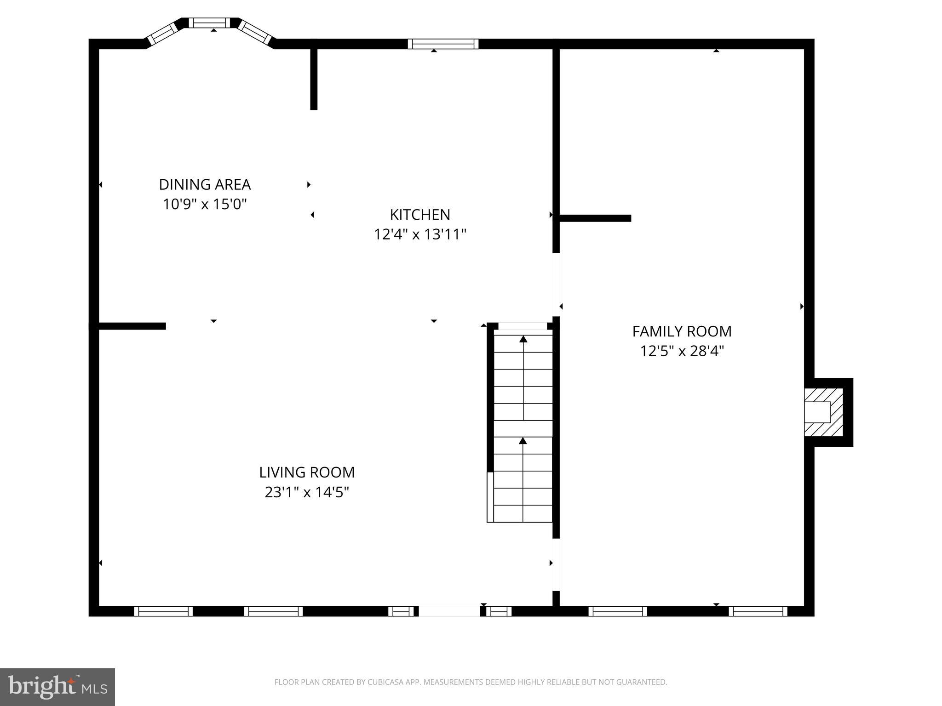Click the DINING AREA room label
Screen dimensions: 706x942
click(x=205, y=184)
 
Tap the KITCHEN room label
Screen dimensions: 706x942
click(x=420, y=215)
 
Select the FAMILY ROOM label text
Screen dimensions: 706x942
click(x=682, y=331)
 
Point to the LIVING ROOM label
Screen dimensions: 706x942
click(x=307, y=473)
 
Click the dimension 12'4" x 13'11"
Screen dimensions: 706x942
click(x=420, y=234)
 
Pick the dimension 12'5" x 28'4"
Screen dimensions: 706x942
click(x=682, y=351)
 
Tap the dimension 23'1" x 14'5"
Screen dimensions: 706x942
click(x=307, y=492)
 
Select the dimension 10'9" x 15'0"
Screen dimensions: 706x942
click(x=205, y=204)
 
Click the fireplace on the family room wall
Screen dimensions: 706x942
click(x=823, y=412)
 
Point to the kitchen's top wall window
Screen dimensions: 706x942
click(x=443, y=44)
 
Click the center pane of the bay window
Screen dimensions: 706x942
click(x=209, y=23)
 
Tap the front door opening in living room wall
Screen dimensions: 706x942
click(x=449, y=611)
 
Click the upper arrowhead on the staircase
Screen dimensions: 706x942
click(x=523, y=339)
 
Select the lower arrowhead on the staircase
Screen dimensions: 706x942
click(x=523, y=441)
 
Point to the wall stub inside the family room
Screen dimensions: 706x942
click(x=594, y=218)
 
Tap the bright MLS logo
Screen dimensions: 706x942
click(x=57, y=687)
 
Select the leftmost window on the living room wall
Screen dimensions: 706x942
click(x=163, y=611)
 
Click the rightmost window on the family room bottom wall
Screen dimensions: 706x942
click(x=758, y=611)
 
